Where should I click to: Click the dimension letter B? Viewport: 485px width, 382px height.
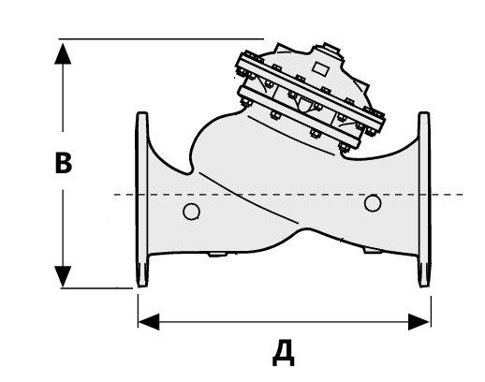click(x=64, y=163)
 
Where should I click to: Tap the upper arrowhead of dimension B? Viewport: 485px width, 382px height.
click(x=63, y=53)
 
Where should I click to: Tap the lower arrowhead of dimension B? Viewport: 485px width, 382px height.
click(x=63, y=276)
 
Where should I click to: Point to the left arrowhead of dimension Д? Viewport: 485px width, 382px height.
click(x=149, y=322)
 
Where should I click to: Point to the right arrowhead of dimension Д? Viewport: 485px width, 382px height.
click(x=419, y=322)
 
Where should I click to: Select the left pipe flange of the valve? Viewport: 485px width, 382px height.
click(x=142, y=199)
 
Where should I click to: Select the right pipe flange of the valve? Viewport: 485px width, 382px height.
click(x=424, y=199)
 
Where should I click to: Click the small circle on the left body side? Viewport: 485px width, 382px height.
click(x=191, y=212)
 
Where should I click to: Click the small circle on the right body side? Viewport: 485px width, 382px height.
click(x=373, y=203)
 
